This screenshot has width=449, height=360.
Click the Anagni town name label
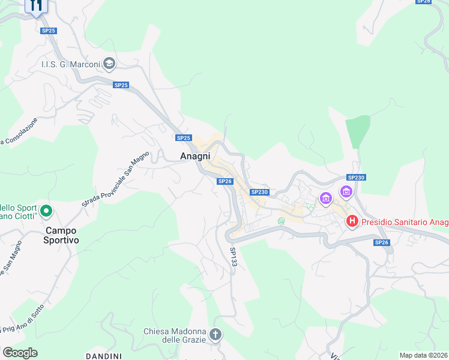point(195,155)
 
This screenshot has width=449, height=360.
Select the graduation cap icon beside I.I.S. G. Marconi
point(109,63)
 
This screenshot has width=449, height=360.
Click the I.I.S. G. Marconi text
point(70,65)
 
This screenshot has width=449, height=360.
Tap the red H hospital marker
point(352,222)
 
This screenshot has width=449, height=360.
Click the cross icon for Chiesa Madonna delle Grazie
point(215,334)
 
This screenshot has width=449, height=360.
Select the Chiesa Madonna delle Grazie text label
point(175,335)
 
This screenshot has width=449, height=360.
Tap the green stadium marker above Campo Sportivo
point(46,211)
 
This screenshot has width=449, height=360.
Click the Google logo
point(20,352)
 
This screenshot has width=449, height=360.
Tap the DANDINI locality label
point(104,356)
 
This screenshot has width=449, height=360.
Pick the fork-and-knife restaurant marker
point(36,5)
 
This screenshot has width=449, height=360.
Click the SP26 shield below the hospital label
point(381,242)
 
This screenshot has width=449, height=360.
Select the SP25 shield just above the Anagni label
point(183,138)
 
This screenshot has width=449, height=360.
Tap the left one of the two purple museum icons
point(326,197)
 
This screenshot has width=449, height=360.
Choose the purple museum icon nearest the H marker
point(346,192)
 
